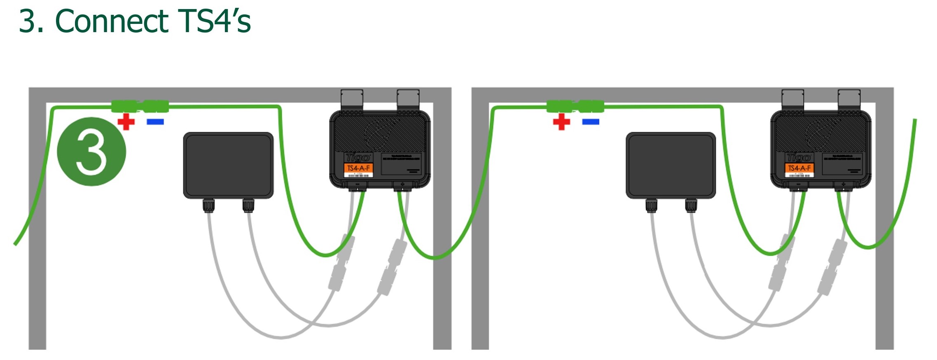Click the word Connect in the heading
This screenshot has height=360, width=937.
point(112,21)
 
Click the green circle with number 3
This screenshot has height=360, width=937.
point(91,152)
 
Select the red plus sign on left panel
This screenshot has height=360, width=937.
point(126,122)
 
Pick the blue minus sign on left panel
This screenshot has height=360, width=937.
point(155,122)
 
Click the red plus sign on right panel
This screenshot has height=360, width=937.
point(561,122)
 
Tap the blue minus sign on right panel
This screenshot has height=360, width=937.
point(591,122)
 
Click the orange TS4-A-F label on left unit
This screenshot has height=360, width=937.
point(358,168)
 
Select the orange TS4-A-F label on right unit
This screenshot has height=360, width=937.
point(799,168)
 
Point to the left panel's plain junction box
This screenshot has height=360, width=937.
point(228,165)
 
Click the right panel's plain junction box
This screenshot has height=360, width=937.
point(671,165)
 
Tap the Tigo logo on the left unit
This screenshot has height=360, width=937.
point(358,157)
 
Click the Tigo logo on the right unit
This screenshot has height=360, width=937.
point(799,157)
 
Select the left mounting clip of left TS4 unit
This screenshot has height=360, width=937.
point(352,99)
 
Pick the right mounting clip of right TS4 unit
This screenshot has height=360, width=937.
point(849,99)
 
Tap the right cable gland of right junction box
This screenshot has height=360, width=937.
point(691,205)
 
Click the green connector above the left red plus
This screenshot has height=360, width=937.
point(126,106)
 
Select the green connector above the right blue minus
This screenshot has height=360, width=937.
point(591,106)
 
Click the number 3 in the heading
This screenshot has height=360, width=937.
point(31,21)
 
